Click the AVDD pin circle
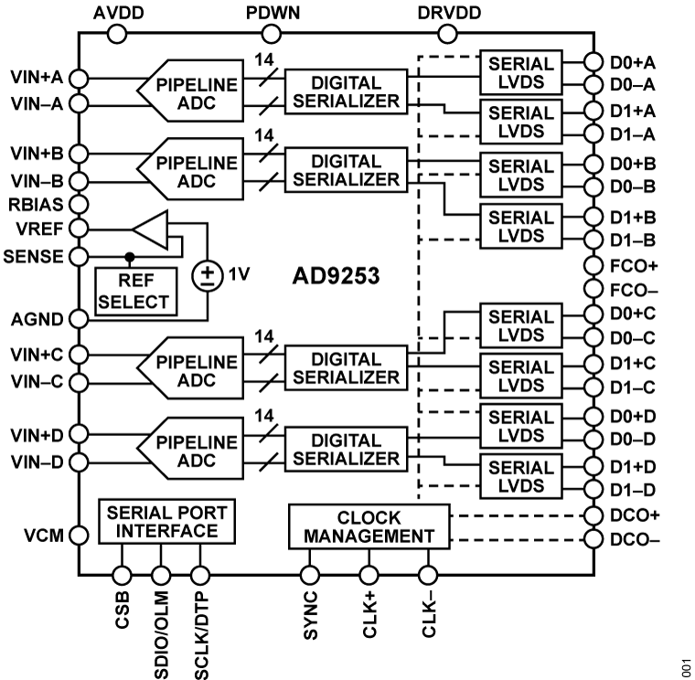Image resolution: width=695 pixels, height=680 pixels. point(117,34)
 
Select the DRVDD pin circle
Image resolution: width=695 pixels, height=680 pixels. point(447,34)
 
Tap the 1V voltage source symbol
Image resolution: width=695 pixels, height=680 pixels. point(208,274)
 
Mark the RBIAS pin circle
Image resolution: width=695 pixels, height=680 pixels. point(79,203)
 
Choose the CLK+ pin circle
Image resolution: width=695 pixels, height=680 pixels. point(369,575)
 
